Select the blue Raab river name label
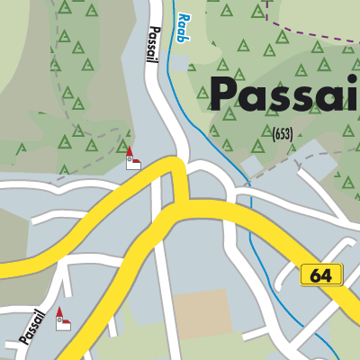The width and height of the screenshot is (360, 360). [184, 23]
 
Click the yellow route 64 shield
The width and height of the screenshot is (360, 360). [321, 274]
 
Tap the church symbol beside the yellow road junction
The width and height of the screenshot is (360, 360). [131, 159]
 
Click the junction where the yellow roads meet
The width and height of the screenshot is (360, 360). [176, 193]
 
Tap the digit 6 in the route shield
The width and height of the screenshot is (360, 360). [315, 274]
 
